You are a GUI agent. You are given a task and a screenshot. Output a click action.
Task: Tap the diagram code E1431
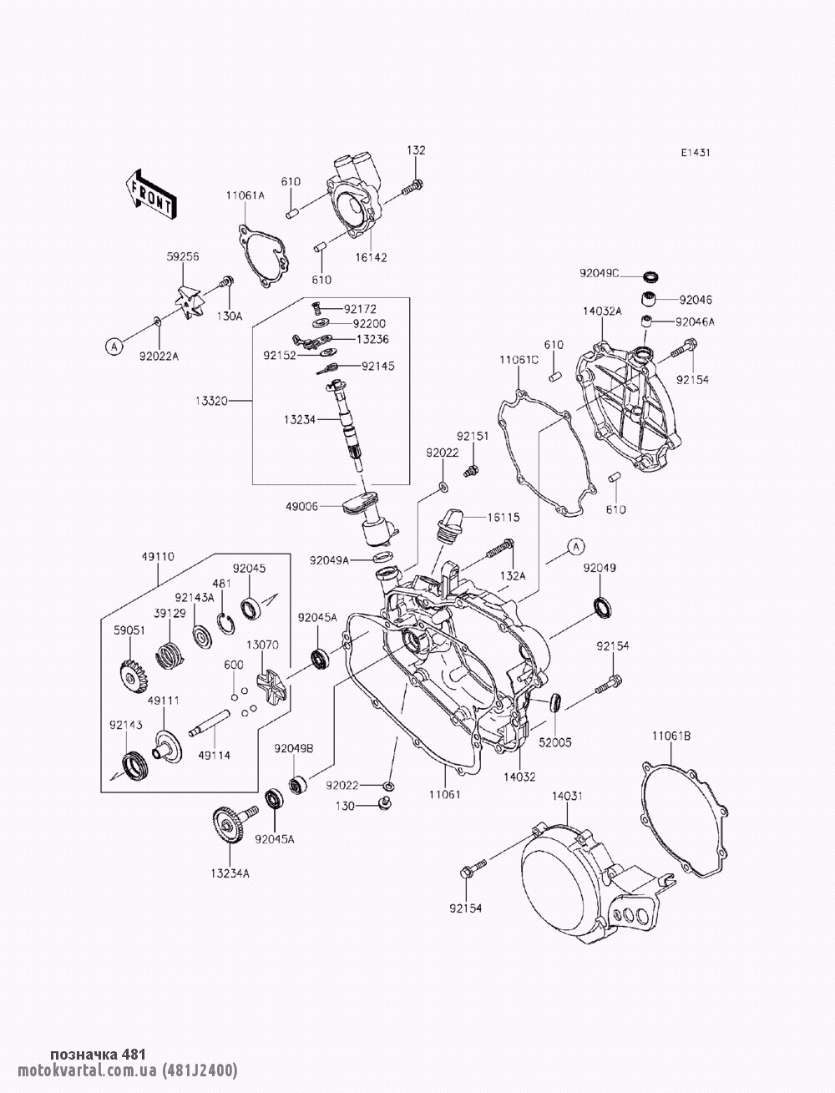[x=695, y=153]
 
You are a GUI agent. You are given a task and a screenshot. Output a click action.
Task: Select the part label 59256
[x=182, y=258]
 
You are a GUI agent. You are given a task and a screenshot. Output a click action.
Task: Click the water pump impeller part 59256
[x=188, y=301]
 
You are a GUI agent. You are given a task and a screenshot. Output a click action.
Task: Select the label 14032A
[x=602, y=311]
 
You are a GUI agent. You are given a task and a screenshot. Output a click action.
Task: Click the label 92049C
[x=600, y=273]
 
